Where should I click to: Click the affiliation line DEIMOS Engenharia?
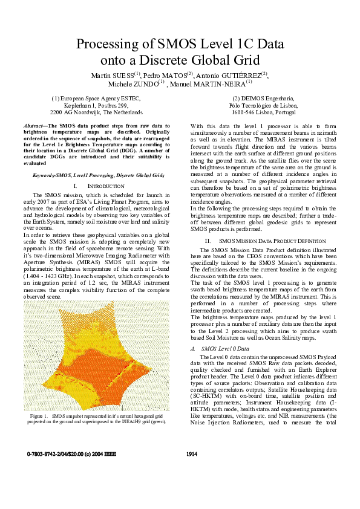pos(263,97)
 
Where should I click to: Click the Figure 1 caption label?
pos(38,417)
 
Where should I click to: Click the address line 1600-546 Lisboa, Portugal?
pos(263,112)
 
